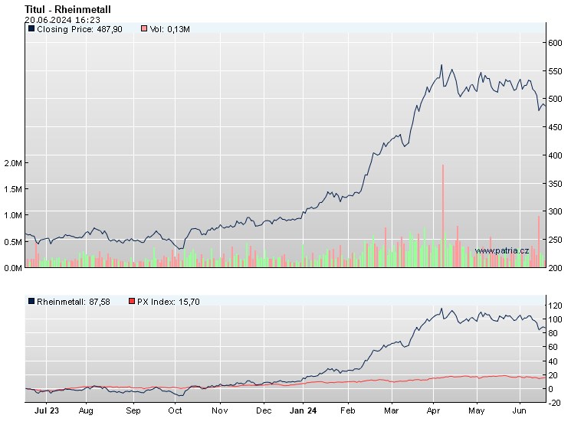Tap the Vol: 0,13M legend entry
[x=165, y=29]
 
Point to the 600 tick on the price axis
[x=556, y=44]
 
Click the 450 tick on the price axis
[x=556, y=127]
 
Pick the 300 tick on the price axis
[x=556, y=211]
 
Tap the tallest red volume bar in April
[x=443, y=214]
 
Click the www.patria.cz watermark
[x=502, y=250]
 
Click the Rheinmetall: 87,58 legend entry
[x=69, y=302]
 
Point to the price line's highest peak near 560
[x=441, y=66]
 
